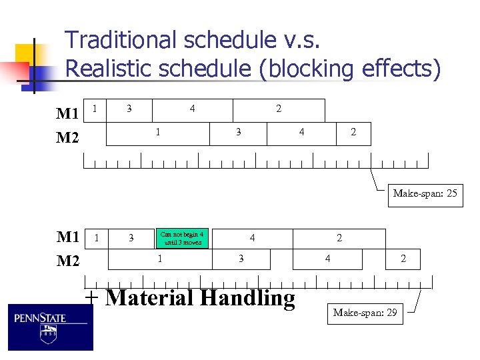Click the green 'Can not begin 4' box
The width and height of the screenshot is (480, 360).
click(x=182, y=238)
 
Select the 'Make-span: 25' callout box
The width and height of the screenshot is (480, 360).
click(x=425, y=194)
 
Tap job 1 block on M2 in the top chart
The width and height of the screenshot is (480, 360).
click(x=157, y=133)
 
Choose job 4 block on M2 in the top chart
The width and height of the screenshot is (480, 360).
click(x=301, y=133)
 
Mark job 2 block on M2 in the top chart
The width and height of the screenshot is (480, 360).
click(x=353, y=133)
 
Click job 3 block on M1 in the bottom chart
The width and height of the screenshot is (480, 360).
click(x=131, y=238)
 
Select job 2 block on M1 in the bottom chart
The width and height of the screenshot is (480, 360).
click(x=339, y=238)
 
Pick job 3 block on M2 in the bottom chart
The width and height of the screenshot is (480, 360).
click(x=241, y=259)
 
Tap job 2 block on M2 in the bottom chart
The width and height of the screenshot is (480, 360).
click(x=403, y=259)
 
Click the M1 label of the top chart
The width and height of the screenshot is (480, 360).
click(x=67, y=113)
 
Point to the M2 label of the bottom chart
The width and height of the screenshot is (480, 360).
click(x=67, y=261)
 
